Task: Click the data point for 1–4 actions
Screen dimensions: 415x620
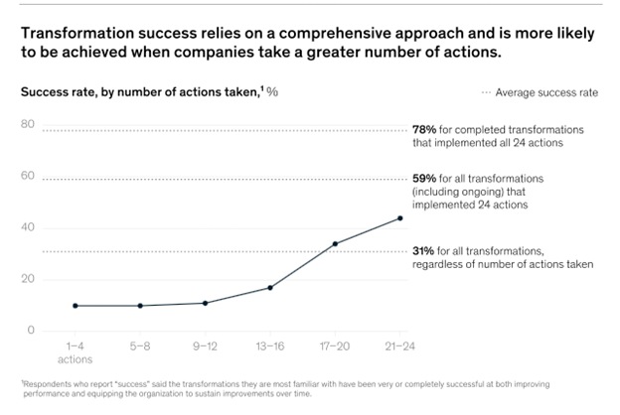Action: [x=75, y=306]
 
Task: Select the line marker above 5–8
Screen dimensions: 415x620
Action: [x=140, y=306]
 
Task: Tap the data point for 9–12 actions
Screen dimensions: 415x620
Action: [x=205, y=303]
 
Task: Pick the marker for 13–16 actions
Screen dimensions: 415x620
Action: [x=270, y=288]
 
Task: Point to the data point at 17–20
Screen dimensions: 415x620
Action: [x=335, y=243]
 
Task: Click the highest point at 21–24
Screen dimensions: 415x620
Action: [x=400, y=217]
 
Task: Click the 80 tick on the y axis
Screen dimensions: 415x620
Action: [x=28, y=125]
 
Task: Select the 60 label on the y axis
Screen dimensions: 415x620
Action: [x=28, y=177]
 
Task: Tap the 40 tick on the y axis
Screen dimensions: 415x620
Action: [x=28, y=228]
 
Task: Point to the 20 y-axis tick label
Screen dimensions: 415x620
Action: [x=28, y=280]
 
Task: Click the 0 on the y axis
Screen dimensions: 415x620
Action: [x=31, y=331]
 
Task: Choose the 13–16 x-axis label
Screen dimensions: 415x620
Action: [x=270, y=347]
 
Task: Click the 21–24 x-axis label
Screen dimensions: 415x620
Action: [x=400, y=347]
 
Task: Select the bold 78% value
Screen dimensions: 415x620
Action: [x=423, y=130]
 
